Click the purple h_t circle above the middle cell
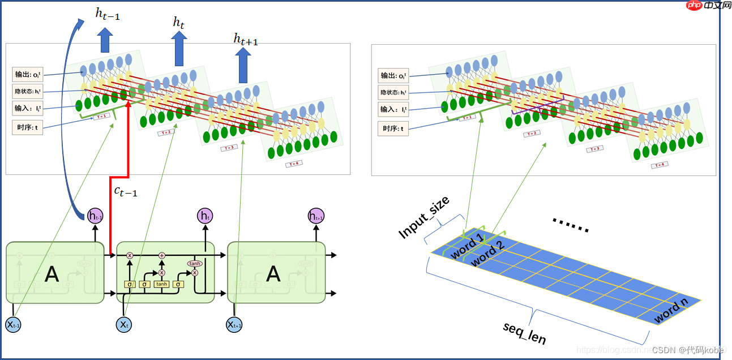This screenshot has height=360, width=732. [x=205, y=216]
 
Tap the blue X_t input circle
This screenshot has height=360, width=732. [x=124, y=324]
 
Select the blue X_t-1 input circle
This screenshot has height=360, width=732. [x=13, y=324]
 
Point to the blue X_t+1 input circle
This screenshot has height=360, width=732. [x=234, y=324]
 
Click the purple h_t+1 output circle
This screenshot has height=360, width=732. [x=316, y=216]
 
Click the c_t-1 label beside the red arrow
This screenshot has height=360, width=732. [x=126, y=191]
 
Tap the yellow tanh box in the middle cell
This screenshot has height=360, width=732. [x=161, y=284]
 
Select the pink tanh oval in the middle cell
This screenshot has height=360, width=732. [x=195, y=263]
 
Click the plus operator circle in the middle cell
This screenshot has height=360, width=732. [x=162, y=256]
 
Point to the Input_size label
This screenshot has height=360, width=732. [x=424, y=217]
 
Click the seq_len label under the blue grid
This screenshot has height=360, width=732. [x=524, y=333]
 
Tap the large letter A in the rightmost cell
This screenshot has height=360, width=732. [x=273, y=274]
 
